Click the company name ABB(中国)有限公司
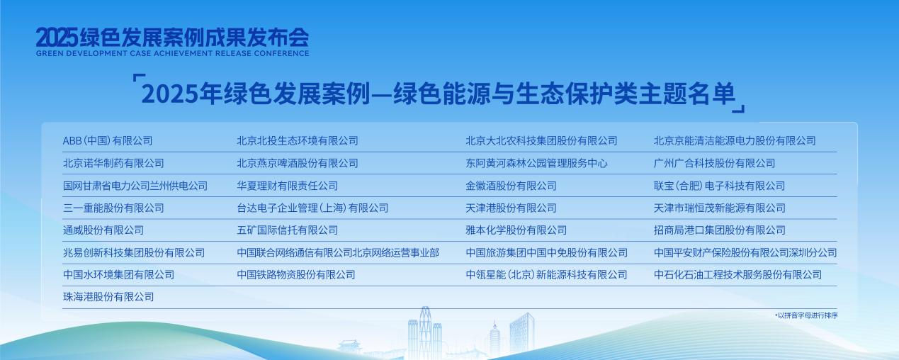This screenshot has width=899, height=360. click(107, 141)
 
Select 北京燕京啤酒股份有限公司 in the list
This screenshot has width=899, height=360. click(298, 163)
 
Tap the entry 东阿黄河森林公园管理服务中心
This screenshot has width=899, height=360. click(536, 163)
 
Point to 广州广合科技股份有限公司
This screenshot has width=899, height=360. click(714, 163)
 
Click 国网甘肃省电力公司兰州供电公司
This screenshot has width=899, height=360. click(135, 186)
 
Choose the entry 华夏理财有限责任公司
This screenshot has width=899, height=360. click(287, 186)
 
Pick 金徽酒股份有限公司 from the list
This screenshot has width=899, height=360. click(511, 186)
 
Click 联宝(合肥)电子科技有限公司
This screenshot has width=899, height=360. click(719, 186)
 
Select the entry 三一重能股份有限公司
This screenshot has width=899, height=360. click(113, 208)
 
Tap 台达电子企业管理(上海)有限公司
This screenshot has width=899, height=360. click(312, 208)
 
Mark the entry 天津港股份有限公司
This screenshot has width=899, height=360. click(511, 208)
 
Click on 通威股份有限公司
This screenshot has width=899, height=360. click(103, 230)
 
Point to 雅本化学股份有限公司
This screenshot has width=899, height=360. click(516, 230)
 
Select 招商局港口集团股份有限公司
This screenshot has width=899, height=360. click(719, 230)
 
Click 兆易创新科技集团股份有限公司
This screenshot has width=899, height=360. click(133, 253)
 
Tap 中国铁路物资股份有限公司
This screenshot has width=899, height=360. click(296, 275)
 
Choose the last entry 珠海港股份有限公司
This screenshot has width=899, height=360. click(108, 297)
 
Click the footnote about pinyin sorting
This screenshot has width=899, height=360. click(806, 315)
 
